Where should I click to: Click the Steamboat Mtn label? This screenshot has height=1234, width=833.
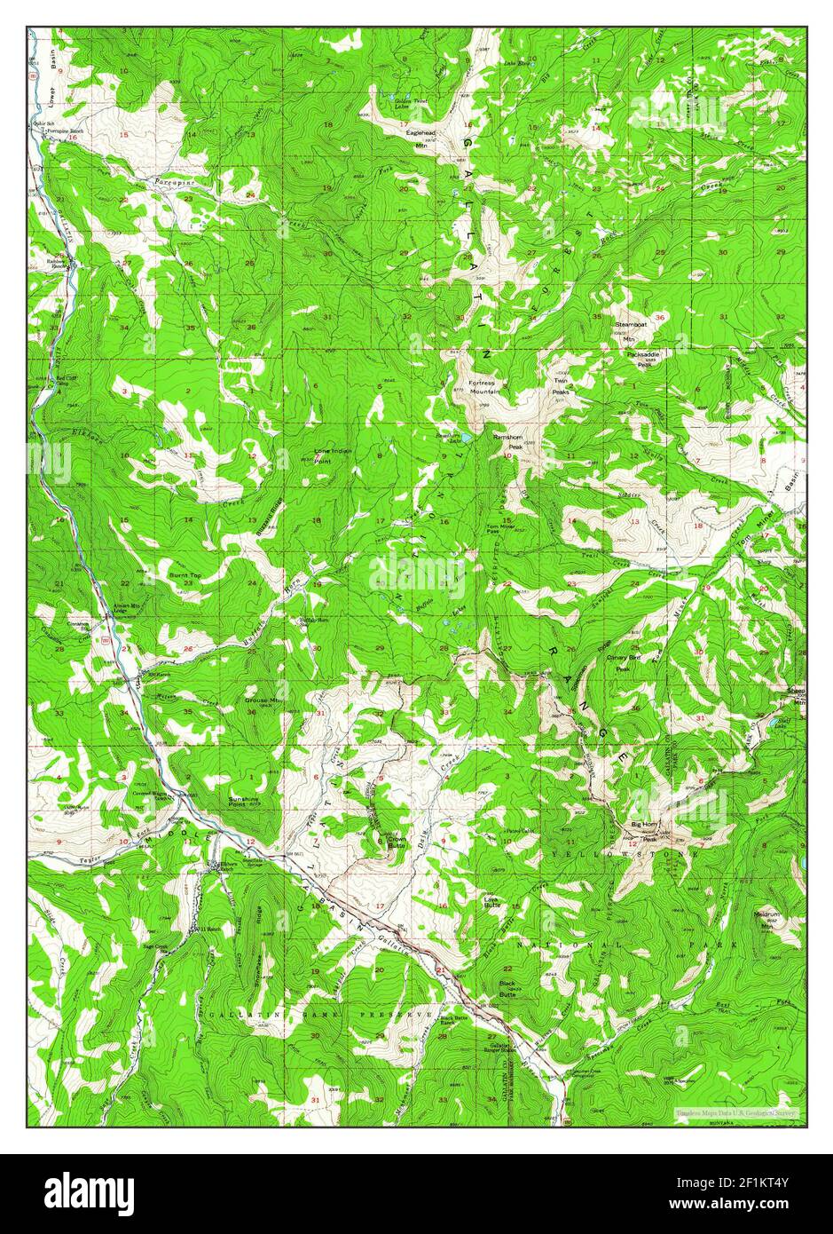(629, 331)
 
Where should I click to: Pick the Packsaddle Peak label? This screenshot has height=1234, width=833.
(643, 358)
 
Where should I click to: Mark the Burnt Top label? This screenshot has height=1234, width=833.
(185, 576)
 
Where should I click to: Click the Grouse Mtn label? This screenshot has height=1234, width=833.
(263, 700)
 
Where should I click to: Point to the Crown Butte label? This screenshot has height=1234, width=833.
(395, 841)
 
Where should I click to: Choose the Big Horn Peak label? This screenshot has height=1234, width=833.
(644, 829)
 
